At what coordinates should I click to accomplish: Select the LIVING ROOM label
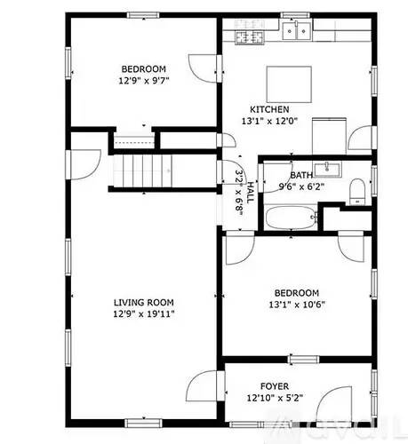click(143, 301)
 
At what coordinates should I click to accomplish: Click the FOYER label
click(274, 386)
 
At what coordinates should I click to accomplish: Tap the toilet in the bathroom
click(356, 191)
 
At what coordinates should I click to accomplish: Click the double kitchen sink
click(297, 33)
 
